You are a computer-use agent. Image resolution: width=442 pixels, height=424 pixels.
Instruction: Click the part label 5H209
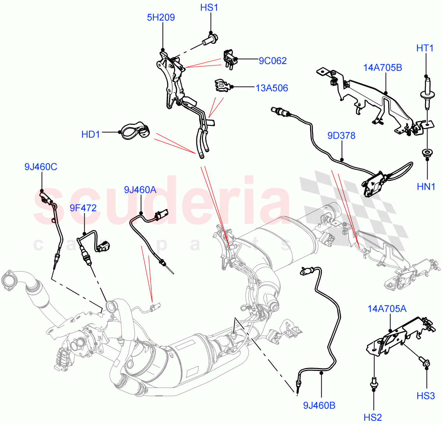point(161,17)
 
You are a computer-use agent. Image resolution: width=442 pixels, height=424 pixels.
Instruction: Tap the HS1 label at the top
point(209,7)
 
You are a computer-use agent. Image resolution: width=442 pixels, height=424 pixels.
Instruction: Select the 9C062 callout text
point(272,61)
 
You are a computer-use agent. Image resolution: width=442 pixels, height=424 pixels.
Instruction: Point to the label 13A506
point(271,88)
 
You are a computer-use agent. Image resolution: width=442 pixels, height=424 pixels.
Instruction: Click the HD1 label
point(91,134)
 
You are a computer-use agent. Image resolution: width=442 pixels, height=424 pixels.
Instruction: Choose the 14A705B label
point(382,68)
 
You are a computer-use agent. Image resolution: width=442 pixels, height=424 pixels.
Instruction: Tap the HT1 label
point(425,48)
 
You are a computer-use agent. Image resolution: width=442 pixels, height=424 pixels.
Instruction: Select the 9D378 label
point(341,136)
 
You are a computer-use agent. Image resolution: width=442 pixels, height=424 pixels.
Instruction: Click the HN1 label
point(426,187)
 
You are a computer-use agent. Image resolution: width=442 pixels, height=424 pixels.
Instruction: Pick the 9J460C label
point(41,167)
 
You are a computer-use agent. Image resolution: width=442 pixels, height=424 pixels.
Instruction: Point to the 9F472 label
point(83,208)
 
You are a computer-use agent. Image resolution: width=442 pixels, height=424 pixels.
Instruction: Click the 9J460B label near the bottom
point(319,406)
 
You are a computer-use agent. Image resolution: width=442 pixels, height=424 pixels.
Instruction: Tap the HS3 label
point(425,396)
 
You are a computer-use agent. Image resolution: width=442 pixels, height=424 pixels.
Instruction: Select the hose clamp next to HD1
point(135,131)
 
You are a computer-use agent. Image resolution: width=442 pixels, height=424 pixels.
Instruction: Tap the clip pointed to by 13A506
point(222,85)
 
